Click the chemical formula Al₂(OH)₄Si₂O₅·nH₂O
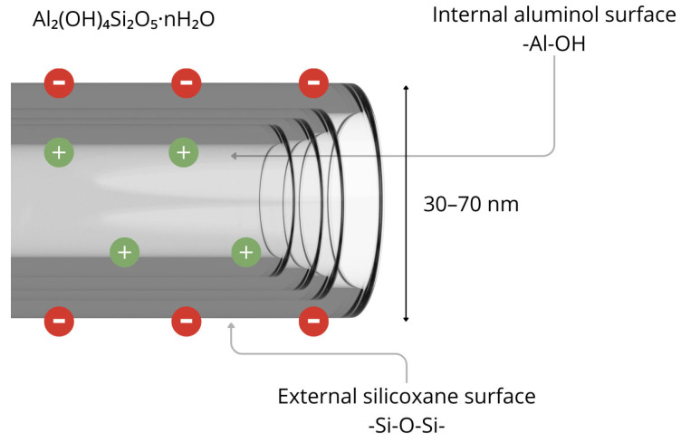pyautogui.click(x=124, y=20)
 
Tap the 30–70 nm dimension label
pyautogui.click(x=471, y=204)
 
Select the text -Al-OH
pyautogui.click(x=553, y=43)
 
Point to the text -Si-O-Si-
pyautogui.click(x=407, y=426)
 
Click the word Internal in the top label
pyautogui.click(x=470, y=14)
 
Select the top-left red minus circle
pyautogui.click(x=60, y=82)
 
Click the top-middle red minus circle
pyautogui.click(x=187, y=82)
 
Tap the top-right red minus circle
pyautogui.click(x=313, y=82)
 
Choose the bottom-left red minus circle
pyautogui.click(x=60, y=321)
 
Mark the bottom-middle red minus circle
pyautogui.click(x=187, y=321)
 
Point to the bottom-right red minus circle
pyautogui.click(x=313, y=321)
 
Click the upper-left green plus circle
pyautogui.click(x=60, y=152)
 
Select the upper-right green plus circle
pyautogui.click(x=184, y=152)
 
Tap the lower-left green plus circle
pyautogui.click(x=125, y=253)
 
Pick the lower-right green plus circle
pyautogui.click(x=246, y=253)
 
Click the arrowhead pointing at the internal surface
pyautogui.click(x=234, y=156)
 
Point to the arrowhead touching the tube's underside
pyautogui.click(x=232, y=325)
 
